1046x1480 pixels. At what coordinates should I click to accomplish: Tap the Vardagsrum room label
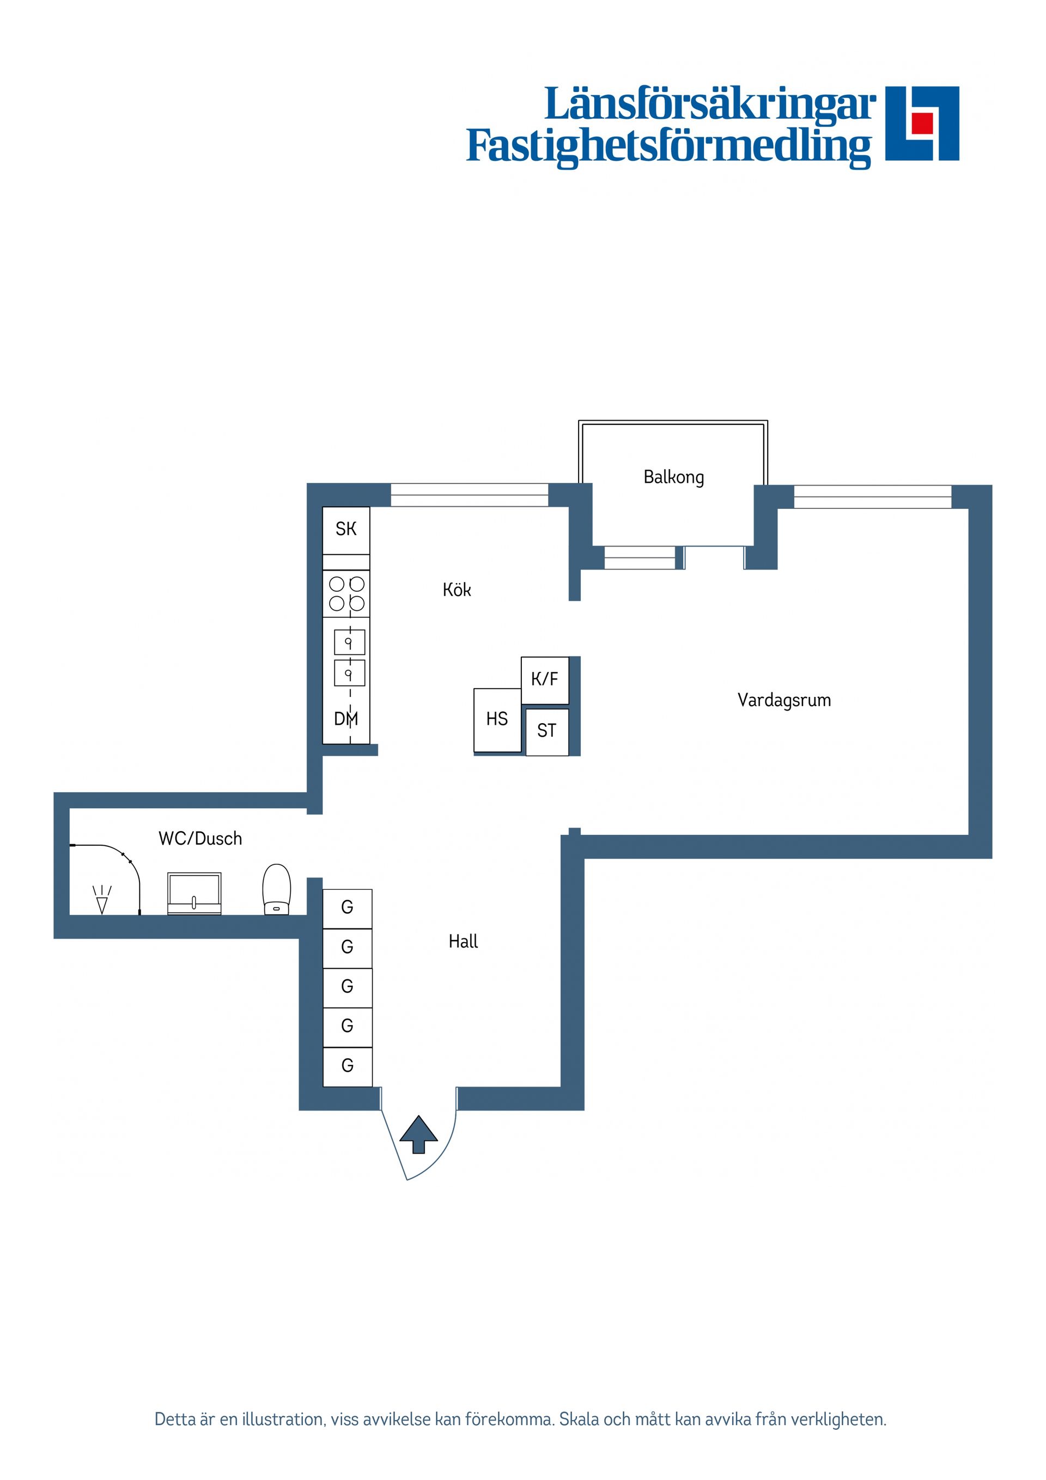click(x=784, y=700)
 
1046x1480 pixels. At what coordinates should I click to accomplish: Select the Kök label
click(x=457, y=590)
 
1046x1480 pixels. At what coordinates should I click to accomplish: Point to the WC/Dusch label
click(x=200, y=839)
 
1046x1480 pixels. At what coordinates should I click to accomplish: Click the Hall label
click(x=463, y=942)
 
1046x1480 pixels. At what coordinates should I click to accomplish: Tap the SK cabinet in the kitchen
click(x=346, y=529)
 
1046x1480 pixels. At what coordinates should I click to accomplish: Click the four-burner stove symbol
click(x=346, y=593)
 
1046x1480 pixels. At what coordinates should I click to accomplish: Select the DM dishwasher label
click(x=345, y=719)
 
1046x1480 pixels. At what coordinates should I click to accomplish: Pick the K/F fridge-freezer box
click(x=545, y=680)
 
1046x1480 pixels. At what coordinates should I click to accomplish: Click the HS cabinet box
click(x=497, y=719)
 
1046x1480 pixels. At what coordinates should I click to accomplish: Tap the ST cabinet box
click(x=546, y=731)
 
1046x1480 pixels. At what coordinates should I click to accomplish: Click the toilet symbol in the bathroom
click(x=277, y=889)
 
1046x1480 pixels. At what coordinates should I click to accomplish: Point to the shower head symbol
click(x=102, y=899)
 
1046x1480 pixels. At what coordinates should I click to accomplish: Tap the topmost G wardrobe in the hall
click(x=346, y=908)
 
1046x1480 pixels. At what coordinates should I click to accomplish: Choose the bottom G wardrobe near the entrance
click(x=346, y=1065)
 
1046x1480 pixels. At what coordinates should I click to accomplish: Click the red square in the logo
click(x=922, y=123)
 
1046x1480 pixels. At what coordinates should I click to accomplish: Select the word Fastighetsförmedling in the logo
click(x=668, y=147)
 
